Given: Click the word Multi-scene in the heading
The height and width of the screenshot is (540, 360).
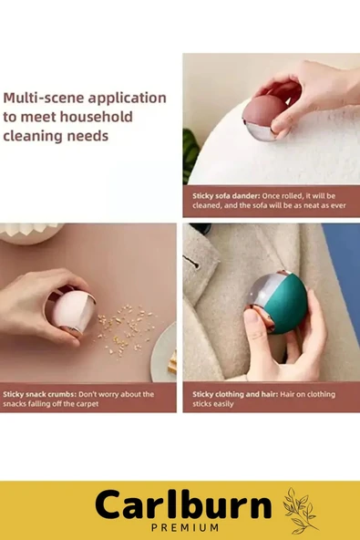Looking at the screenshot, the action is pos(44,98).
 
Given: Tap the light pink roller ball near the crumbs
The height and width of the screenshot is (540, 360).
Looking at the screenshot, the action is pos(73,311).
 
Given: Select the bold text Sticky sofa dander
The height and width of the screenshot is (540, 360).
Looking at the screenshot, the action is pos(226,196).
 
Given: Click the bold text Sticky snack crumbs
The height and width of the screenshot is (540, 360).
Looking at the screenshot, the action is pos(39,394).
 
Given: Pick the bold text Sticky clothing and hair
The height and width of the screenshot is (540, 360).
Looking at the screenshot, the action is pos(235,394).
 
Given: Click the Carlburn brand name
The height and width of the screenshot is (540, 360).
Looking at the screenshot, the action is pos(183,504).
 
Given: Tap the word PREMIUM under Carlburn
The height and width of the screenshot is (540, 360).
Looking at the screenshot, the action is pos(185,527).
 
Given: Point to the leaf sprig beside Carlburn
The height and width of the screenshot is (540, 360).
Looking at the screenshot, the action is pos(300,510).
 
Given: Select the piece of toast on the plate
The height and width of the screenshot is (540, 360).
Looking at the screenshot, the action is pos(172,362).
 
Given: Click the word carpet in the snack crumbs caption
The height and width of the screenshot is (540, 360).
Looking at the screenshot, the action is pos(87,403).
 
